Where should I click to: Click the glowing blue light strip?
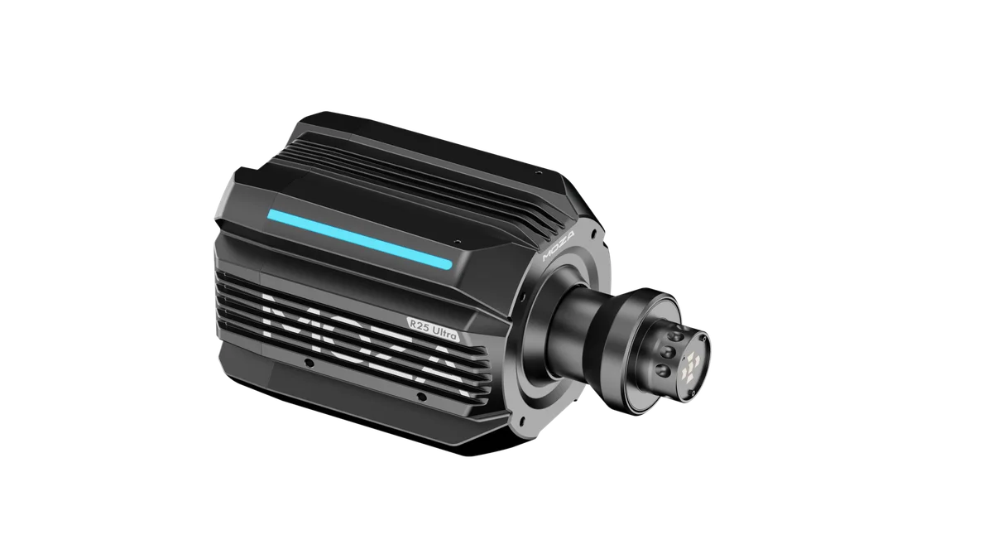click(360, 239)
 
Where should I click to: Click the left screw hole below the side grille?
click(309, 364)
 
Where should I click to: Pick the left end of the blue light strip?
click(271, 216)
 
